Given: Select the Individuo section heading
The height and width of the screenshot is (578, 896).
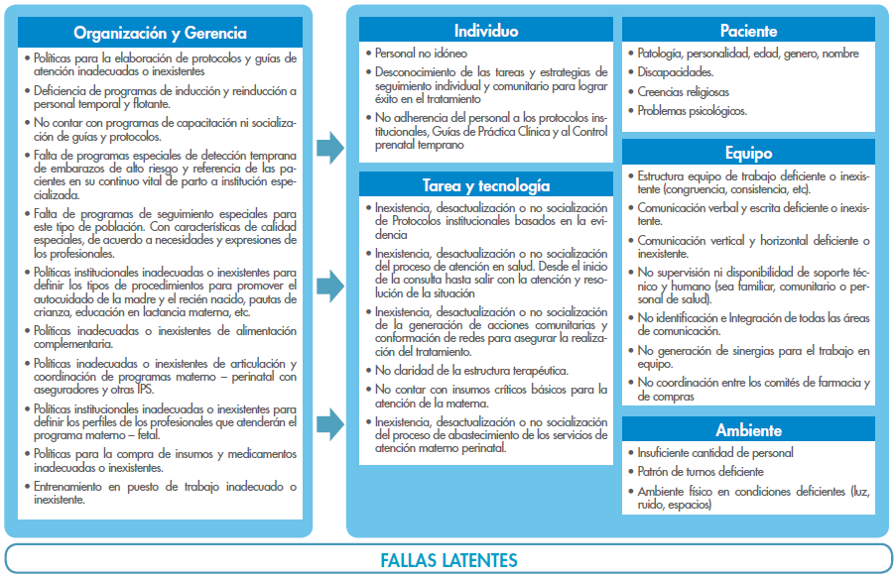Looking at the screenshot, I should click(485, 31).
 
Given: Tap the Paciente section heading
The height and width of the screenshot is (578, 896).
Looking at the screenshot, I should click(749, 31).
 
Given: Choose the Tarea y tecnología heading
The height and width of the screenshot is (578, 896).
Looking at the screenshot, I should click(485, 185).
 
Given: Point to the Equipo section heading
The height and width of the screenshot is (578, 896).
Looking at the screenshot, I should click(749, 154).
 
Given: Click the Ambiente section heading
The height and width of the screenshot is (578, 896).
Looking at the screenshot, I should click(749, 430).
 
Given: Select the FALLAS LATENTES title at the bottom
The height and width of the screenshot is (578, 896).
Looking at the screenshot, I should click(448, 560).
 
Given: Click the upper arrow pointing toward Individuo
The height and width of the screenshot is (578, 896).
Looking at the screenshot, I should click(329, 150).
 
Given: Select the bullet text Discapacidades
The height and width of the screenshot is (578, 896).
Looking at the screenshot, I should click(674, 72).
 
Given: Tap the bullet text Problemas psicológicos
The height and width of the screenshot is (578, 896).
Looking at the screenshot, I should click(693, 111).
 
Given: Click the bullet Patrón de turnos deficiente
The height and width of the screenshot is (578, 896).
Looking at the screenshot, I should click(701, 472).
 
